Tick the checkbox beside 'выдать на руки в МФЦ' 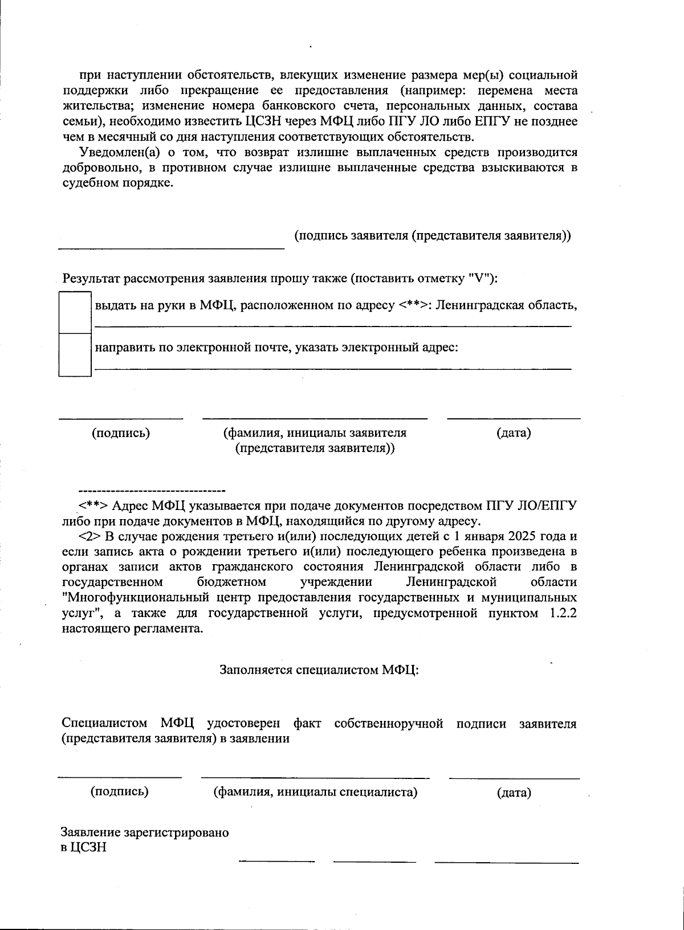(75, 312)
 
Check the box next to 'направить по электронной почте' (75, 354)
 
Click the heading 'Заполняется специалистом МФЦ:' (319, 670)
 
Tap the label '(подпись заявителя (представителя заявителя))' (433, 236)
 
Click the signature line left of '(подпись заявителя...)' (171, 248)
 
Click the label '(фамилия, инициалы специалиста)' (315, 792)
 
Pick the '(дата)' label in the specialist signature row (514, 793)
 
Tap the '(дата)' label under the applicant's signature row (514, 433)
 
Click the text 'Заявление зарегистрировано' (145, 833)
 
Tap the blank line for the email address (332, 369)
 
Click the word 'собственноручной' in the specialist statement (389, 724)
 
